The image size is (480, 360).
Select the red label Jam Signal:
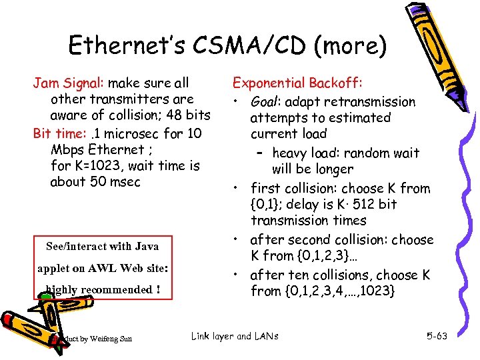pyautogui.click(x=69, y=83)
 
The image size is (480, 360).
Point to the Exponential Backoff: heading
pyautogui.click(x=297, y=83)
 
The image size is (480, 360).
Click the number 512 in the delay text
pyautogui.click(x=361, y=204)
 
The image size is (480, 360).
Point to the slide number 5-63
pyautogui.click(x=437, y=337)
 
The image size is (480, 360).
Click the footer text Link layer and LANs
pyautogui.click(x=234, y=337)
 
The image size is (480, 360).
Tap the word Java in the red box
pyautogui.click(x=147, y=246)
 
